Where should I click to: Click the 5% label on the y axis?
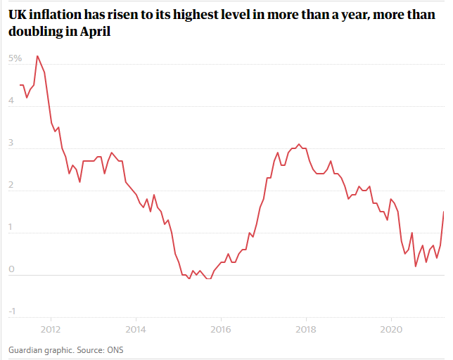tap(15, 58)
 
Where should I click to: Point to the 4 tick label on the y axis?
tap(11, 101)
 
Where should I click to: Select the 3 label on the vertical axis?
tap(11, 143)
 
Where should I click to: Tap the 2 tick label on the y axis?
tap(11, 185)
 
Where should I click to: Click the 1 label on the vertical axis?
tap(11, 227)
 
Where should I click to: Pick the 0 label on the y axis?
tap(11, 269)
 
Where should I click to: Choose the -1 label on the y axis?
tap(12, 311)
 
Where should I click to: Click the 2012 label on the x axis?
tap(51, 329)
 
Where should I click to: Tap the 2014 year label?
tap(136, 329)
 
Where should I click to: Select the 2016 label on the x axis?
tap(221, 329)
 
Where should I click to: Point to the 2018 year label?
tap(306, 329)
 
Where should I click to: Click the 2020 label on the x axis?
tap(391, 329)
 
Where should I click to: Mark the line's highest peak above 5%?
tap(37, 56)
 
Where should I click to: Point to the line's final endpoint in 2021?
tap(443, 212)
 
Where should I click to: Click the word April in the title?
tap(96, 32)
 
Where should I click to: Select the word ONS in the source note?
tap(115, 350)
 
